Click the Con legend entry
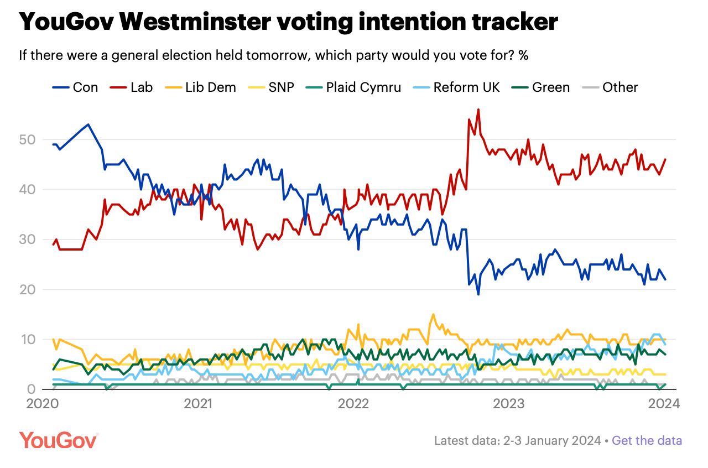[x=75, y=87]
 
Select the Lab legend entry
[x=132, y=87]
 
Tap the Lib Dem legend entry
[x=201, y=87]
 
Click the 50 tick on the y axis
[x=28, y=139]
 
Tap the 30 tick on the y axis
[x=28, y=240]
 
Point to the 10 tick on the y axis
[x=28, y=339]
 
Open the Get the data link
[x=647, y=441]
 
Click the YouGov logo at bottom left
[x=59, y=440]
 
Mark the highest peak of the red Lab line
[x=478, y=110]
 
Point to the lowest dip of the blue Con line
[x=478, y=294]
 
